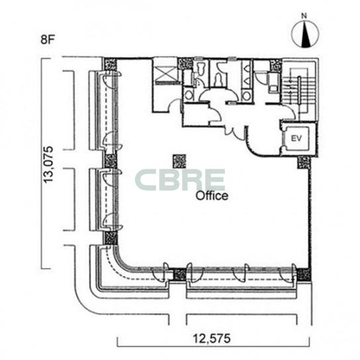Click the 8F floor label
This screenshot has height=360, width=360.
click(48, 40)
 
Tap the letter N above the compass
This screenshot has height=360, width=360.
click(304, 16)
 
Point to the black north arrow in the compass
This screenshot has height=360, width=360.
click(305, 34)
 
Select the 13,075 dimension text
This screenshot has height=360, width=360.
click(49, 164)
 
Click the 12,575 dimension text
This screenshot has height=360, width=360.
click(212, 338)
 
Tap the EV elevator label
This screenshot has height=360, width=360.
click(296, 138)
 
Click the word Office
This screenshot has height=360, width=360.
click(212, 196)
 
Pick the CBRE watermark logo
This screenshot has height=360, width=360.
click(180, 179)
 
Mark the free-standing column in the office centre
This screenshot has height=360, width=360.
click(179, 161)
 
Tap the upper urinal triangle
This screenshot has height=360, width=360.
click(247, 68)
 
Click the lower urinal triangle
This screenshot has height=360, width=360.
click(247, 81)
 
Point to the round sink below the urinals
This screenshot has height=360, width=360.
click(246, 96)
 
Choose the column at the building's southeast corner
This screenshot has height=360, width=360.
click(304, 275)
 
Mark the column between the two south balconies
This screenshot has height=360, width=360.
click(179, 275)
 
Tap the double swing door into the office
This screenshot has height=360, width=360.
click(234, 133)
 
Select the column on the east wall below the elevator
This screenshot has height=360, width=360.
click(304, 162)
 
